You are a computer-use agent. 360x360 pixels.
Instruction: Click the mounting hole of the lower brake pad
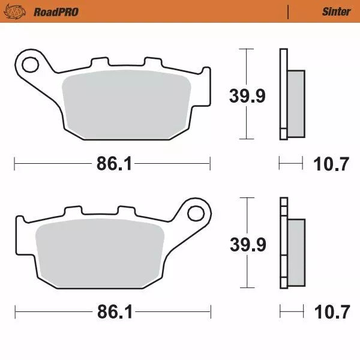coord(196,213)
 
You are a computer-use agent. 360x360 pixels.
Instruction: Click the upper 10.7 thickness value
coord(331,163)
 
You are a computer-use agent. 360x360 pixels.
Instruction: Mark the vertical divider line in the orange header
coord(289,11)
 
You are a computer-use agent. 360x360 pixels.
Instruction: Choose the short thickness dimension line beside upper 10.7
coord(291,162)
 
